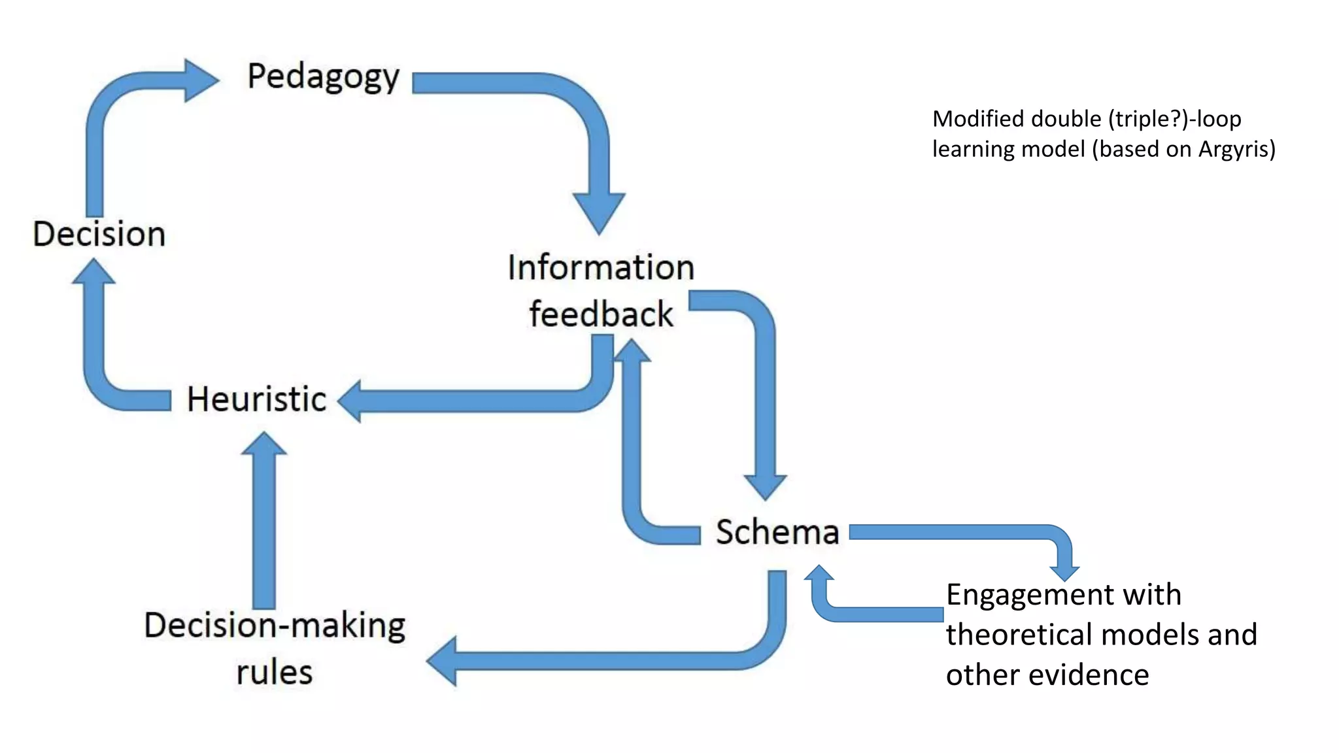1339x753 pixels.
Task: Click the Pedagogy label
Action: (x=323, y=77)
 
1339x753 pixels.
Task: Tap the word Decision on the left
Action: (x=99, y=234)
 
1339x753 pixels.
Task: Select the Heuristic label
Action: (x=256, y=399)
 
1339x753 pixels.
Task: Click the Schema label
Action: (x=777, y=532)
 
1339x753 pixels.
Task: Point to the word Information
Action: (x=601, y=268)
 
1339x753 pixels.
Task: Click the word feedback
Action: (x=601, y=314)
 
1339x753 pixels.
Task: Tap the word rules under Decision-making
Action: (x=275, y=673)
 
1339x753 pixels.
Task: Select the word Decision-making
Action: (x=275, y=626)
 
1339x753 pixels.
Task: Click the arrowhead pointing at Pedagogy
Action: (x=199, y=80)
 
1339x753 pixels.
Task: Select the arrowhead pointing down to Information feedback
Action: (x=599, y=212)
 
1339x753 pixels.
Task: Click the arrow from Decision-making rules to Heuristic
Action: (x=264, y=523)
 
